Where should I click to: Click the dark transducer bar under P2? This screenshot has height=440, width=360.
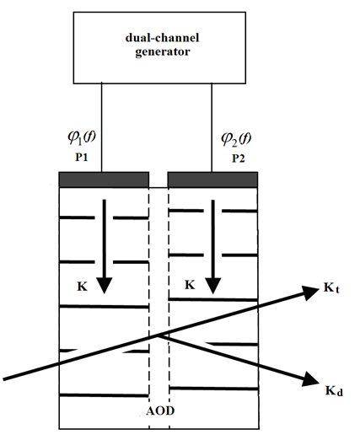pyautogui.click(x=222, y=180)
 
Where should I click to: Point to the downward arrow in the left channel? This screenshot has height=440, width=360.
pyautogui.click(x=104, y=244)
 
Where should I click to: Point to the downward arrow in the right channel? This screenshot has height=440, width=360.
pyautogui.click(x=213, y=244)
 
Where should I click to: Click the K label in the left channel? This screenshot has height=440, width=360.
pyautogui.click(x=72, y=287)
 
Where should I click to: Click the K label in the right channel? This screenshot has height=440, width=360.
pyautogui.click(x=190, y=287)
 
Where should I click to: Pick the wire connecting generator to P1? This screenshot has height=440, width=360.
pyautogui.click(x=103, y=126)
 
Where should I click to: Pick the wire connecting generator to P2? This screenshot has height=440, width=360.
pyautogui.click(x=211, y=126)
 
